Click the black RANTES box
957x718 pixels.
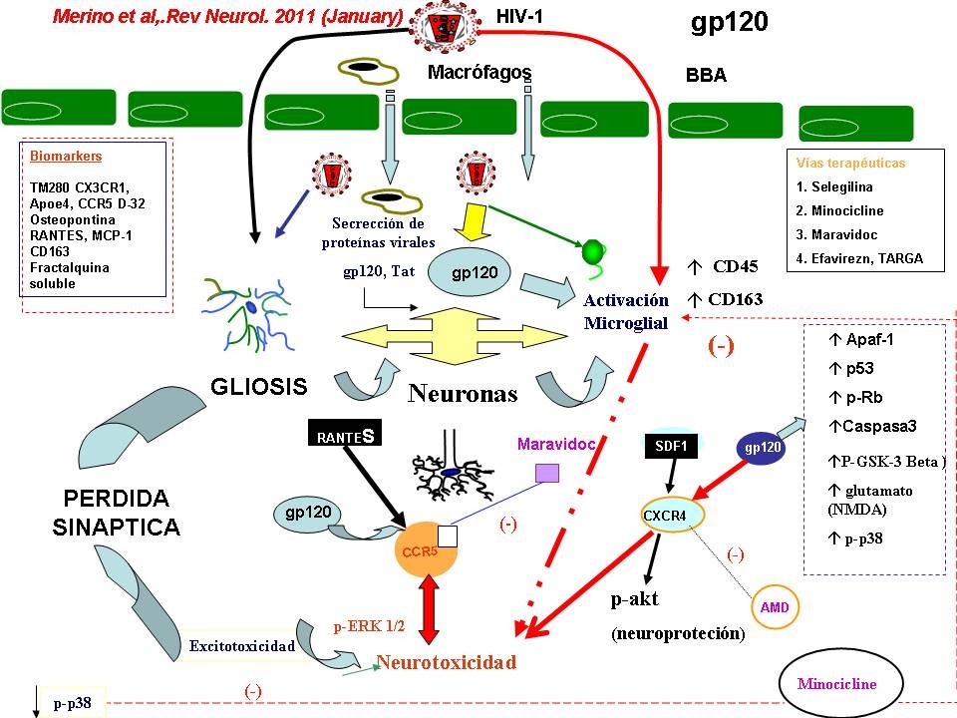coord(341,436)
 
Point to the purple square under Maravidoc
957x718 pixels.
coord(545,474)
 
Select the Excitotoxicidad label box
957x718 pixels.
coord(242,646)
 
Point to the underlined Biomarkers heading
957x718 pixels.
coord(66,157)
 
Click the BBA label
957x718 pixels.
coord(706,76)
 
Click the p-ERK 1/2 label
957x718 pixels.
coord(369,626)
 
